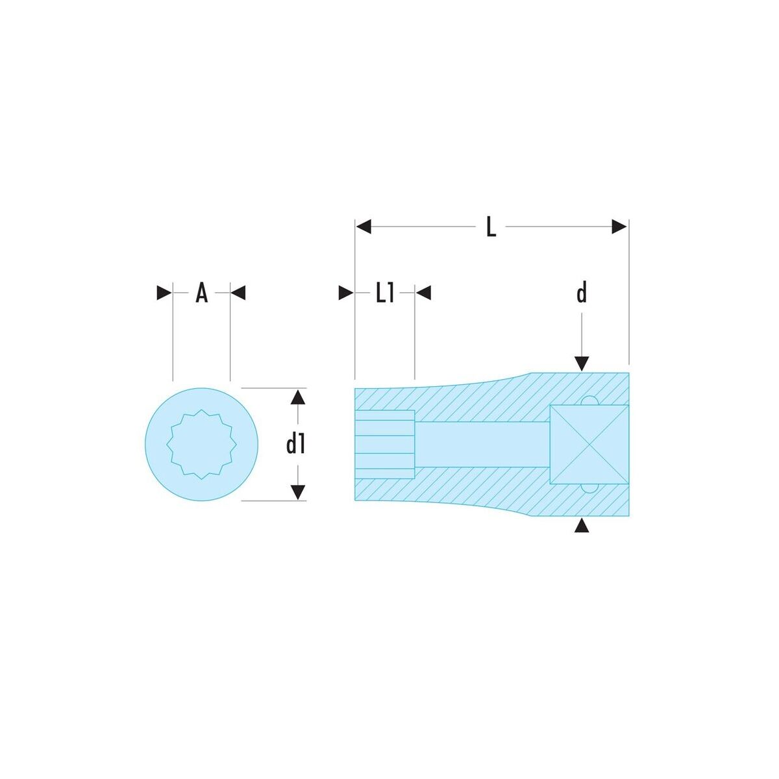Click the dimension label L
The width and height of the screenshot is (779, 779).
491,228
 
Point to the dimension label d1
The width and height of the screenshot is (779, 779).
295,445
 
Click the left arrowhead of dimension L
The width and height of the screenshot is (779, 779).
364,227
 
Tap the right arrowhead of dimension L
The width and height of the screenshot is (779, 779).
619,227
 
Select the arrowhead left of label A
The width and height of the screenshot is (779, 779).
164,293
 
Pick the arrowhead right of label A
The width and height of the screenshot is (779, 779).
238,293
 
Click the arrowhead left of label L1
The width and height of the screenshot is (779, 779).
346,293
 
